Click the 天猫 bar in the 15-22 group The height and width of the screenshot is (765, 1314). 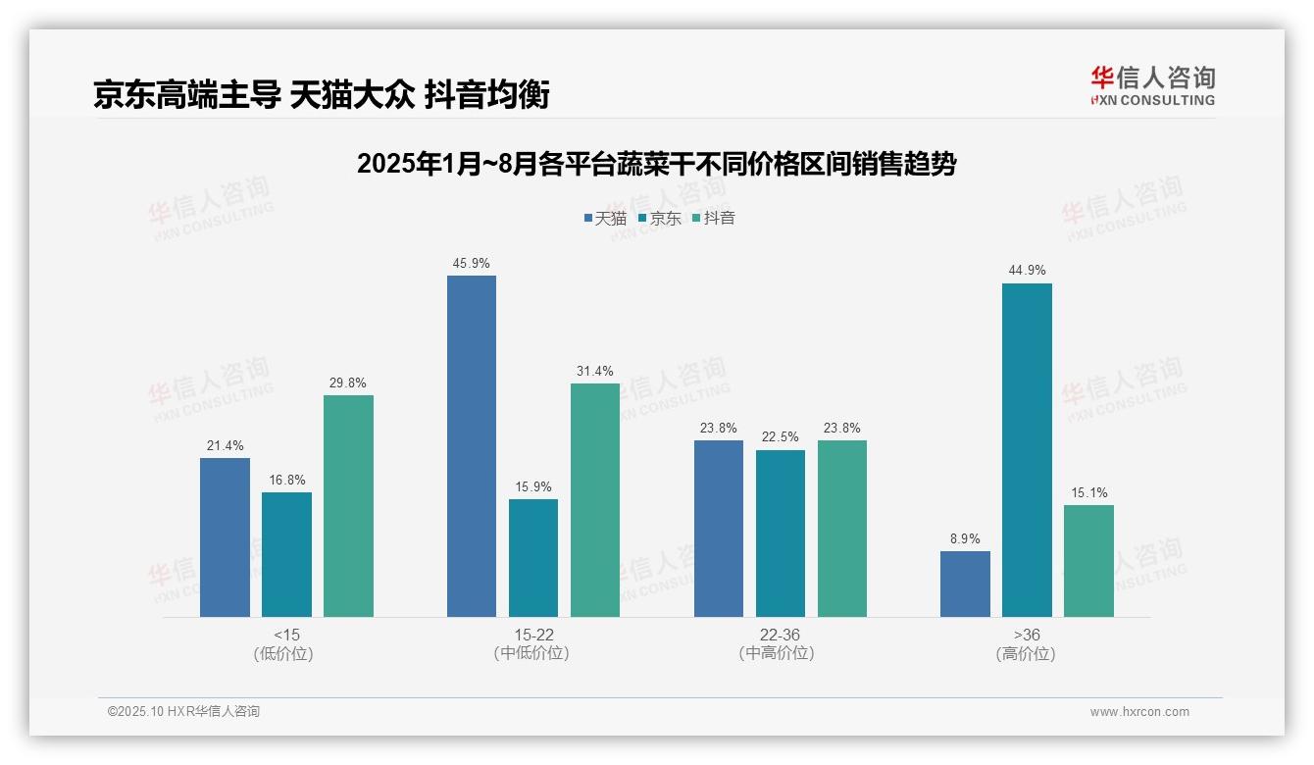[x=472, y=446]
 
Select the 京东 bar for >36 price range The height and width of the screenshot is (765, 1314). [x=1027, y=450]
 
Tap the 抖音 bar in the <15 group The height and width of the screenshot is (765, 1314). [x=348, y=506]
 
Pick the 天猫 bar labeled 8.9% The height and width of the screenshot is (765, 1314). [x=965, y=584]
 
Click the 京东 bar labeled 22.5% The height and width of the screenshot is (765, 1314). [x=781, y=534]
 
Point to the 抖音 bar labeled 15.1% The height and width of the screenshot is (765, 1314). [x=1088, y=561]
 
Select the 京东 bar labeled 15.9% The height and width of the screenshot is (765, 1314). [x=533, y=558]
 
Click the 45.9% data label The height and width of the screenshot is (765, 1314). [x=472, y=264]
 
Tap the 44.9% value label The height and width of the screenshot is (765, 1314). [x=1027, y=271]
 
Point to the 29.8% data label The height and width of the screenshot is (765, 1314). [x=348, y=383]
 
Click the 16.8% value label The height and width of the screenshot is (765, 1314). [x=286, y=481]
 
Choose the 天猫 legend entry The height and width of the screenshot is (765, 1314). [x=606, y=218]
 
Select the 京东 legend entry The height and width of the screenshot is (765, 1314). [x=660, y=218]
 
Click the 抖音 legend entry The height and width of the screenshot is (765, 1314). [x=714, y=218]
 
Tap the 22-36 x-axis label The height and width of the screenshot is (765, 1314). [x=780, y=635]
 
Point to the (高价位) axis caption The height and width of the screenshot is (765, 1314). [x=1026, y=653]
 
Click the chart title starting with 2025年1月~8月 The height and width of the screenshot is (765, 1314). [x=656, y=164]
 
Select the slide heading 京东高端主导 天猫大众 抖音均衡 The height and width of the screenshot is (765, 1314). [x=322, y=94]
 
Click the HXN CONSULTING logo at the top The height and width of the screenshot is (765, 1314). [x=1153, y=86]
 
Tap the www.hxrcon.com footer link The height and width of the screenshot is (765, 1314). [x=1139, y=712]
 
